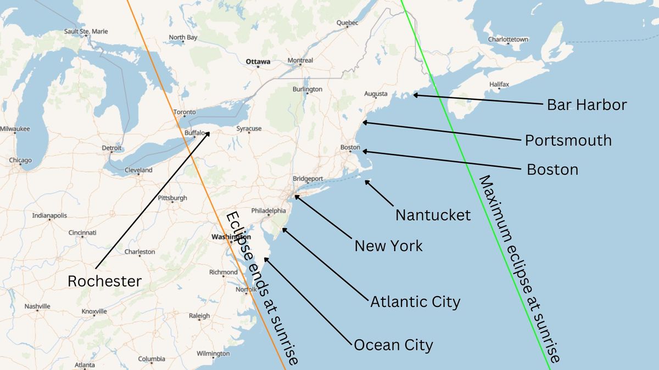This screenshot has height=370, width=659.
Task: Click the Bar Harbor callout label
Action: click(x=587, y=105)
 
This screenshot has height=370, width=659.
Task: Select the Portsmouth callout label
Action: click(x=568, y=140)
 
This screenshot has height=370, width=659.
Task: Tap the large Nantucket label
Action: click(x=433, y=215)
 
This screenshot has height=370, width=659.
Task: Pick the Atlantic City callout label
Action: click(x=415, y=301)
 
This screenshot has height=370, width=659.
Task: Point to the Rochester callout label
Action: click(x=104, y=281)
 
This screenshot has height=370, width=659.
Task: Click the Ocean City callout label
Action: click(x=393, y=345)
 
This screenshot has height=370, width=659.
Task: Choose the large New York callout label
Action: click(x=388, y=246)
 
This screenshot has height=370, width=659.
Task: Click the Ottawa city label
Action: click(x=258, y=62)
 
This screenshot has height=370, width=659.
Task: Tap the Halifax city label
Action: click(x=499, y=84)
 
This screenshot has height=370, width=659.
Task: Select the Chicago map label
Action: click(x=20, y=161)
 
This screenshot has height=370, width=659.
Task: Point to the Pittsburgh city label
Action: click(x=172, y=198)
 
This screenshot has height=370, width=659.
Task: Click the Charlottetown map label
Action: click(x=508, y=39)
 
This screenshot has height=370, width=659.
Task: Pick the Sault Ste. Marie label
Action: click(x=86, y=31)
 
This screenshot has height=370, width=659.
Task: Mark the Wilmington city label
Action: click(x=213, y=354)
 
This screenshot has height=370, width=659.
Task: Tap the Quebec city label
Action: click(x=347, y=22)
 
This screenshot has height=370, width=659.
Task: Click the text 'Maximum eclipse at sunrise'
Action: click(x=519, y=269)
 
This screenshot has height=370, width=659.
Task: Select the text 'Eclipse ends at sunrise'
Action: click(x=263, y=288)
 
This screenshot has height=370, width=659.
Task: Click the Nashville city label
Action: click(x=37, y=306)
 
